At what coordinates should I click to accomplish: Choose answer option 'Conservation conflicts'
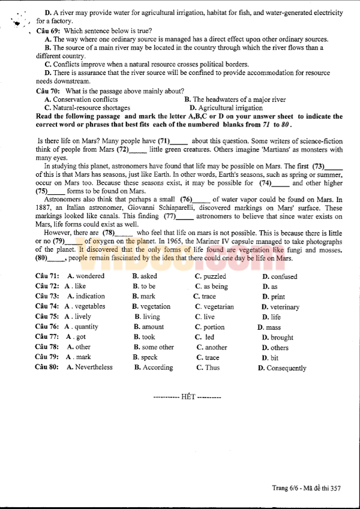pos(85,100)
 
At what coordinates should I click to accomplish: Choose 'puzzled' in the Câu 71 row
pos(214,276)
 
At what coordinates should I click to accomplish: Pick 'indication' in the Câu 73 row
pos(90,296)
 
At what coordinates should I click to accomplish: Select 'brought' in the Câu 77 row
pos(281,338)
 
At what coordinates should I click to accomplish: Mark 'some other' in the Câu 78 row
pos(158,347)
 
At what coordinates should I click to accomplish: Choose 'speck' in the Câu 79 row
pos(149,357)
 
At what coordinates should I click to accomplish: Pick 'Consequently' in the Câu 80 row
pos(286,368)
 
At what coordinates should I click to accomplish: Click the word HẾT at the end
pos(188,397)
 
